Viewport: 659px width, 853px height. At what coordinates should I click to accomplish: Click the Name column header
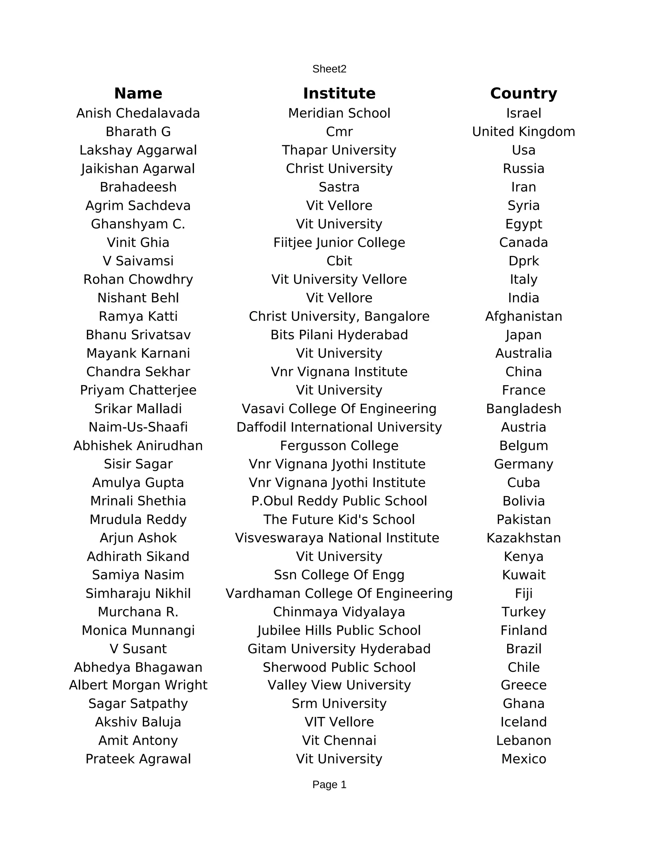click(x=138, y=94)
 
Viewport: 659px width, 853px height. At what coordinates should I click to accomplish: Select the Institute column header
click(x=339, y=94)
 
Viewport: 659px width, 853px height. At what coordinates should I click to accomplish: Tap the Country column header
click(x=523, y=94)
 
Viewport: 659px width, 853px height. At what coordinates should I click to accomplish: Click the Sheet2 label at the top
click(x=329, y=69)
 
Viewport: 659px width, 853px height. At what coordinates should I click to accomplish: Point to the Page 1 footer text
click(x=329, y=785)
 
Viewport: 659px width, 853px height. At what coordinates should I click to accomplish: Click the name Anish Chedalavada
click(x=138, y=113)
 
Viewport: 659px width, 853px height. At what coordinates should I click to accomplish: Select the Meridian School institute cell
click(x=339, y=113)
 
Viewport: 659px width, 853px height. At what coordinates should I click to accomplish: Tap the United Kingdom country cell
click(x=523, y=132)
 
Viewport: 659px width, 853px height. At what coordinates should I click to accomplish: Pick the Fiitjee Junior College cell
click(x=339, y=243)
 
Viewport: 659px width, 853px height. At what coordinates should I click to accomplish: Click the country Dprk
click(x=523, y=261)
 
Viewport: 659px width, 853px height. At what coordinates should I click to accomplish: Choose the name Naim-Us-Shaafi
click(x=138, y=427)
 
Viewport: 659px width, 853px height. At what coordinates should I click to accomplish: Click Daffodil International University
click(x=339, y=427)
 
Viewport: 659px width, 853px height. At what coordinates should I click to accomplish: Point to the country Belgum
click(x=523, y=445)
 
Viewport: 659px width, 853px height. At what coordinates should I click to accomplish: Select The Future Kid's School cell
click(x=339, y=520)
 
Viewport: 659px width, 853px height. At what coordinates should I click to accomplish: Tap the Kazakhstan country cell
click(x=523, y=538)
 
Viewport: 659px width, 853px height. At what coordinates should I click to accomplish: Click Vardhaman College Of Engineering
click(x=339, y=593)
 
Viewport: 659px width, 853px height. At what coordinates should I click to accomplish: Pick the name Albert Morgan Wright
click(x=138, y=685)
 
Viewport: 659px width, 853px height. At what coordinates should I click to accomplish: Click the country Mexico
click(x=523, y=759)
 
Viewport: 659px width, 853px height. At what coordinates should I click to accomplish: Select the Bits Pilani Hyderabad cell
click(x=339, y=335)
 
